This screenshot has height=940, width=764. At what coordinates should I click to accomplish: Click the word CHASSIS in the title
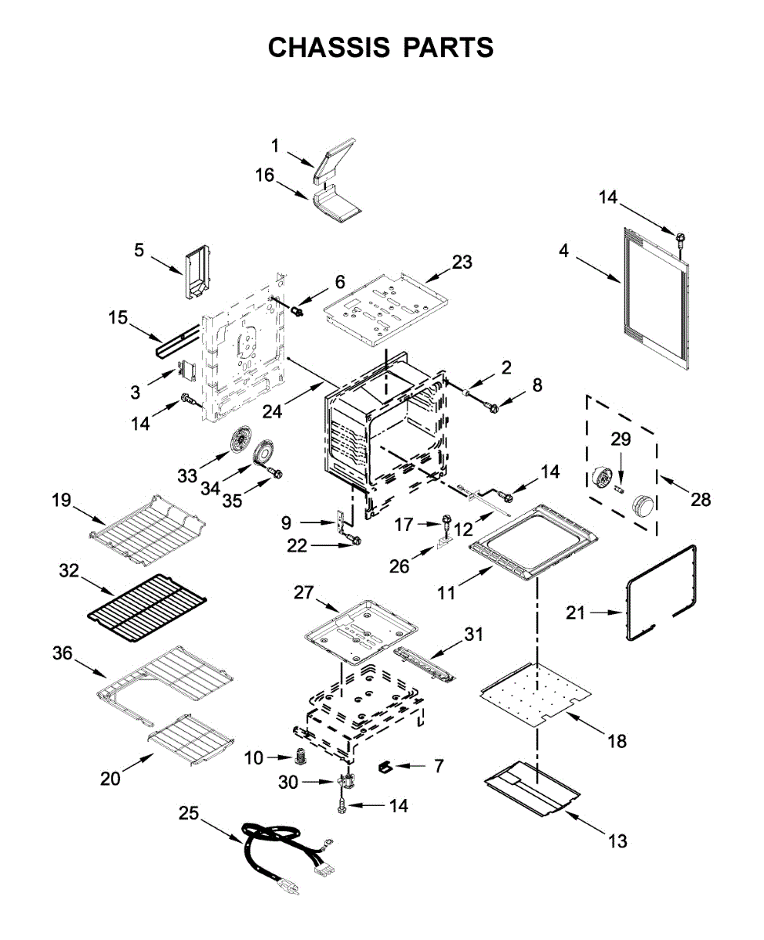(x=329, y=48)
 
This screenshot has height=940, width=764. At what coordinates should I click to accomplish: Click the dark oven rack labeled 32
(x=147, y=609)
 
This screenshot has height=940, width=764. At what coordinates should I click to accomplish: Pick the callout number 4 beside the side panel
(x=563, y=251)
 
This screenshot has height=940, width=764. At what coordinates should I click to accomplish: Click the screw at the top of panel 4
(x=681, y=240)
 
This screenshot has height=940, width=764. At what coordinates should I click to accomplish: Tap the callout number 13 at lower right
(x=617, y=841)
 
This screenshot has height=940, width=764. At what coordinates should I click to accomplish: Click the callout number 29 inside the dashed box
(x=621, y=439)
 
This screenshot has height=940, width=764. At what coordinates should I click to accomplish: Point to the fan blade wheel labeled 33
(x=241, y=440)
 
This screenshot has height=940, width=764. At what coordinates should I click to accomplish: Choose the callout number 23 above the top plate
(x=462, y=262)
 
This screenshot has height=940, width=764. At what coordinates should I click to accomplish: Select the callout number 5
(x=139, y=250)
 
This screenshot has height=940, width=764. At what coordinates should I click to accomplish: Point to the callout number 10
(x=253, y=757)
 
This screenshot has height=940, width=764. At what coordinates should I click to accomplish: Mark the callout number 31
(x=473, y=634)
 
